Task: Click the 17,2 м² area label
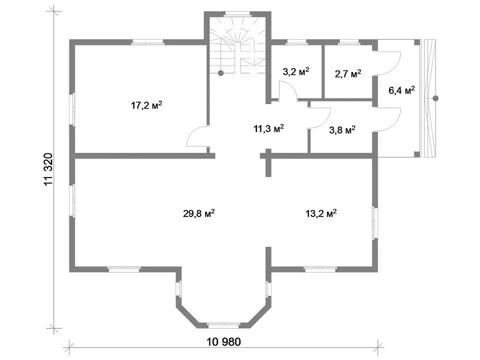[x=146, y=105]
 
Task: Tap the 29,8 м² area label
[x=198, y=213]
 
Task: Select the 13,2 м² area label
[x=321, y=213]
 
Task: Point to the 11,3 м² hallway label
[x=268, y=128]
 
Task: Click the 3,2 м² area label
[x=295, y=71]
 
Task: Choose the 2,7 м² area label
[x=348, y=74]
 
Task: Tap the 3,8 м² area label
[x=342, y=130]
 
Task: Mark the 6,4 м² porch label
[x=401, y=90]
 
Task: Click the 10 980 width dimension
[x=224, y=341]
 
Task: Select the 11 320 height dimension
[x=48, y=169]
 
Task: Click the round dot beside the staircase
[x=220, y=73]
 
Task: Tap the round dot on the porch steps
[x=435, y=98]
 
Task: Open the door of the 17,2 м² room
[x=198, y=136]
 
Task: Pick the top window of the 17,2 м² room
[x=148, y=42]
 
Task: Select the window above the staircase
[x=237, y=14]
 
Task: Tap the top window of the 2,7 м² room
[x=348, y=42]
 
